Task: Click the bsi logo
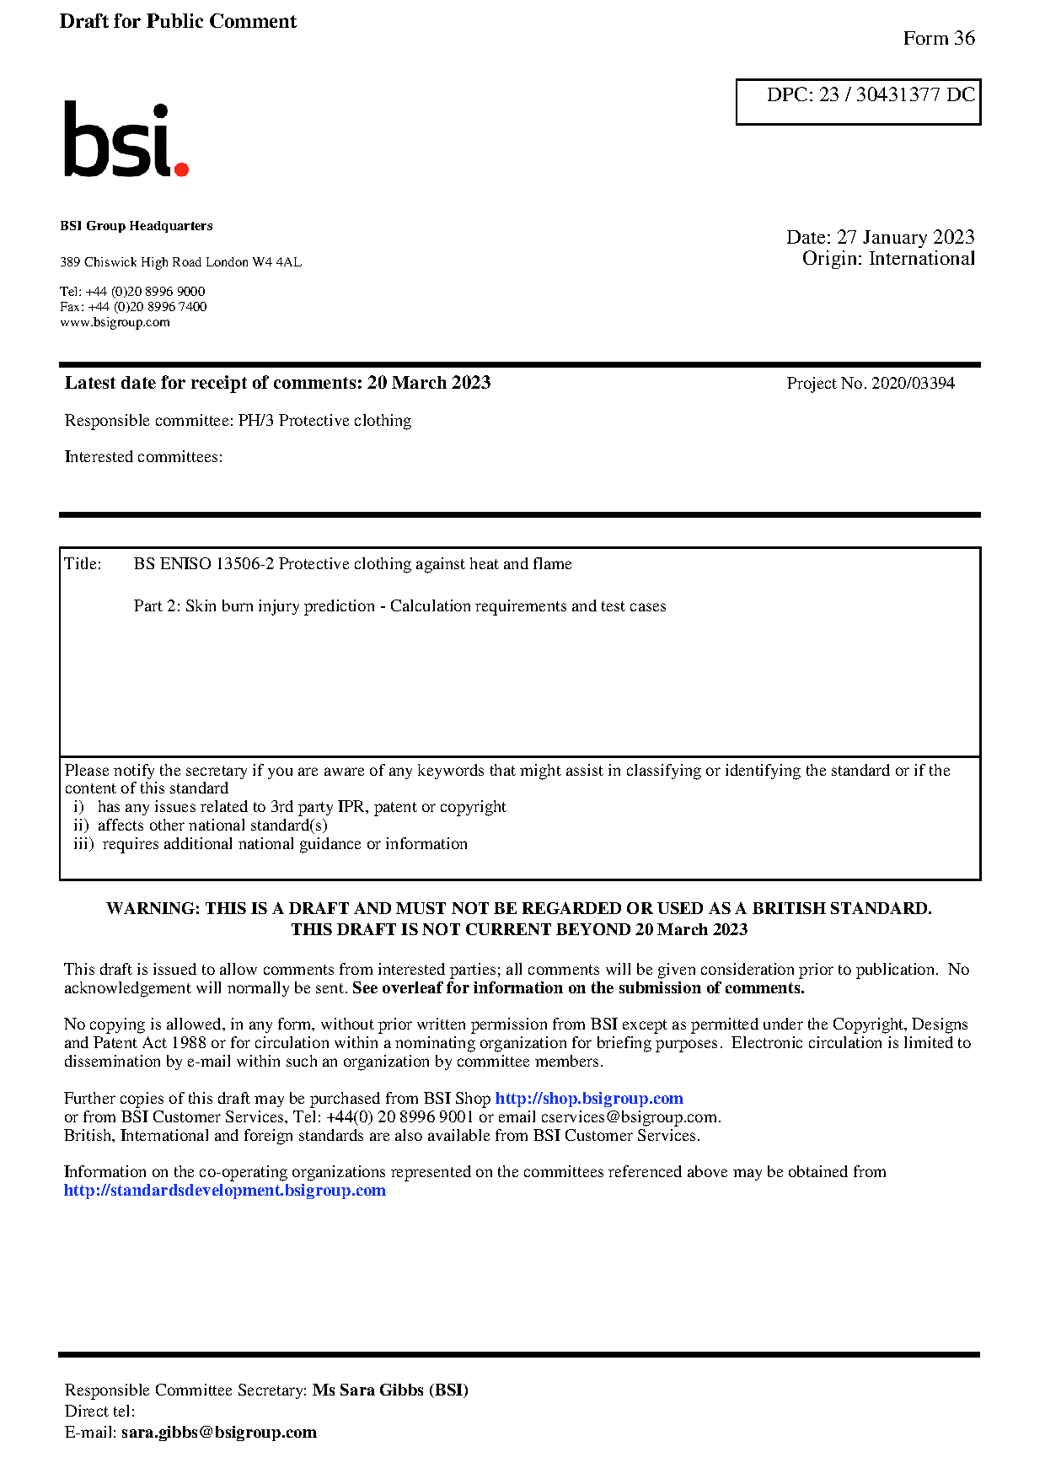tap(126, 141)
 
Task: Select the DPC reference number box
tap(858, 101)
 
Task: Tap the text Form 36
tap(938, 39)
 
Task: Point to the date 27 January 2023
tap(905, 237)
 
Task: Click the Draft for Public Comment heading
tap(178, 22)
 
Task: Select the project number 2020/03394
tap(913, 384)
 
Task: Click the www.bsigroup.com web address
tap(115, 322)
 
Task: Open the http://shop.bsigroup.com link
tap(588, 1099)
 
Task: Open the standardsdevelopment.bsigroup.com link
tap(225, 1191)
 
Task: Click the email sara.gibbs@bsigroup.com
tap(219, 1432)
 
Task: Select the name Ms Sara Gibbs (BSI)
tap(390, 1390)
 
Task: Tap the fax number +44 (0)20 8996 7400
tap(147, 307)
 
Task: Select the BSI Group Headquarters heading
tap(137, 226)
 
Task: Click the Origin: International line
tap(888, 259)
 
